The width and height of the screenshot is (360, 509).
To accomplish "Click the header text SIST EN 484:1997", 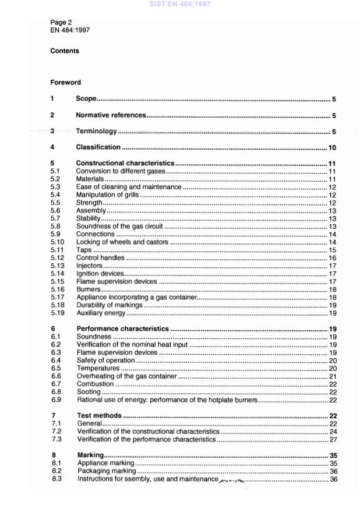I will click(179, 5).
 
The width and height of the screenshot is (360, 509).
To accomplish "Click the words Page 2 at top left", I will click(61, 23).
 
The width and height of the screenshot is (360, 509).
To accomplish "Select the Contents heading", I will click(65, 51).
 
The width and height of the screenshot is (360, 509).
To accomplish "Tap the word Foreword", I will click(65, 83).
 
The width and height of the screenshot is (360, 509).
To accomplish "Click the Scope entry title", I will click(86, 100).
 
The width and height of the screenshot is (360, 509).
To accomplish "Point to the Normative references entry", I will click(111, 116).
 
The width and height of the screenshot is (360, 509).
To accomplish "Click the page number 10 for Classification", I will click(332, 148).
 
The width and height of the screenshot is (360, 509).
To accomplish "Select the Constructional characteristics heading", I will click(125, 164).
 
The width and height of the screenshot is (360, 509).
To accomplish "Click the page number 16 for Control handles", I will click(333, 258).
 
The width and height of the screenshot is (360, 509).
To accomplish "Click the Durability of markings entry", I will click(110, 305).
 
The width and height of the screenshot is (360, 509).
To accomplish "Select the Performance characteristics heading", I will click(123, 329).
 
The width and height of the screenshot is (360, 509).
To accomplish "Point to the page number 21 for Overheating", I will click(333, 377).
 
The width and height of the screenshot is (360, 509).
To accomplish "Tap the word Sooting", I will click(89, 393).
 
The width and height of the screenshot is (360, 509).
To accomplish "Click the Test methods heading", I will click(100, 416).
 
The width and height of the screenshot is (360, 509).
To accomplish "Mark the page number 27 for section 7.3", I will click(333, 440).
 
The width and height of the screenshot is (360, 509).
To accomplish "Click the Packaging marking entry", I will click(107, 471).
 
